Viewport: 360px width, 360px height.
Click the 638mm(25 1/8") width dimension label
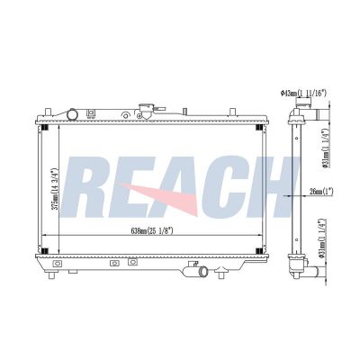(152, 230)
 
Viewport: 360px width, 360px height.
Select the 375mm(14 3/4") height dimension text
(54, 189)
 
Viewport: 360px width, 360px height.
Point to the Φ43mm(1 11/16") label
(303, 93)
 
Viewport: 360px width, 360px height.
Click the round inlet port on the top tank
(72, 114)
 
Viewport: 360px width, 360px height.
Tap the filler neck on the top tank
(147, 112)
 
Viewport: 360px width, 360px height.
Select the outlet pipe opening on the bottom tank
(204, 272)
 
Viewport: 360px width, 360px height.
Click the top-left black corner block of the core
(44, 127)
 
